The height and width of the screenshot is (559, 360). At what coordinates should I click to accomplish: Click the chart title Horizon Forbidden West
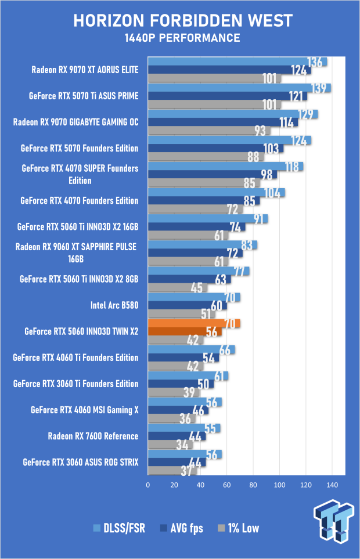[182, 21]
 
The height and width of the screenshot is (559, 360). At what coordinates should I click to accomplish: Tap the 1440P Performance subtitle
[182, 38]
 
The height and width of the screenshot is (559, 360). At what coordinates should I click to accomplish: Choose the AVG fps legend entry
[182, 528]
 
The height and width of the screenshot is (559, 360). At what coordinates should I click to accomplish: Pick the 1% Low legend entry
[238, 528]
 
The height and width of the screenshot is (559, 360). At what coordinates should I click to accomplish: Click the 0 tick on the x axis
[148, 485]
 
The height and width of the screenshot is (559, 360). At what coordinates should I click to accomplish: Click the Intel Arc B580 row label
[114, 305]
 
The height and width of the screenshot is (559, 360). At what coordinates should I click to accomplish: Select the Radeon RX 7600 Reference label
[93, 436]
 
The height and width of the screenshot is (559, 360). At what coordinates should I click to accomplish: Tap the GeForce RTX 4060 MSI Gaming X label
[85, 410]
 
